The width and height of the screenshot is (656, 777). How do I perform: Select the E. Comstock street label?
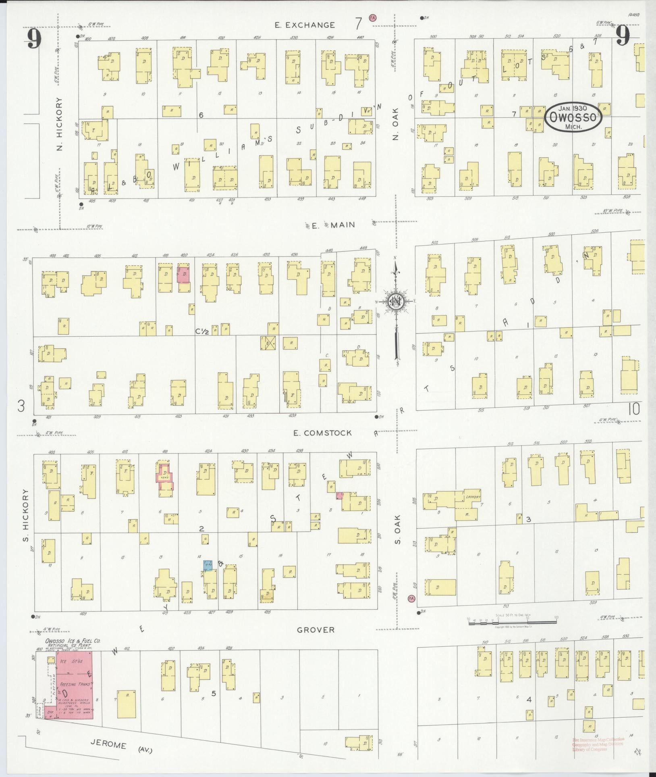tap(322, 433)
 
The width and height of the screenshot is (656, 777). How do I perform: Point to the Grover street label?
tap(316, 630)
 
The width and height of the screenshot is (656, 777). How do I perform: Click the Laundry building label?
tap(473, 498)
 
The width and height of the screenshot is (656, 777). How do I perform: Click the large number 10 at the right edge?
tap(634, 409)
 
